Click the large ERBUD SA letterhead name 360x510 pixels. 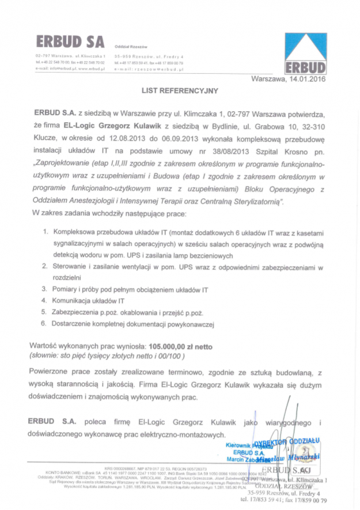click(x=70, y=41)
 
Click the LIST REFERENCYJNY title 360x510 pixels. click(x=180, y=90)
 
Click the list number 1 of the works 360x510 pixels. click(x=44, y=232)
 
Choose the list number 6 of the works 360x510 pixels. click(x=44, y=324)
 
